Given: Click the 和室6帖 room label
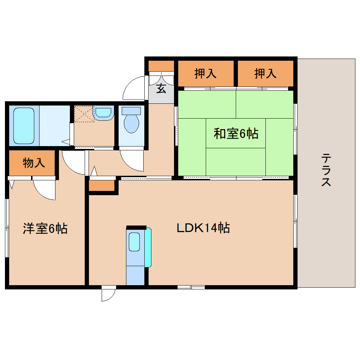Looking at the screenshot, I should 236,134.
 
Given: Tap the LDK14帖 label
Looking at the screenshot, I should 203,228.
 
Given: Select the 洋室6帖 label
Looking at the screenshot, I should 45,229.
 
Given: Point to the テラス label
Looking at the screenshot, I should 326,170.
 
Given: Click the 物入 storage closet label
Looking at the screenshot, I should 34,163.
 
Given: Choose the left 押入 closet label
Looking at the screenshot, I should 205,74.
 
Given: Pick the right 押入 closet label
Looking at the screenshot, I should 265,74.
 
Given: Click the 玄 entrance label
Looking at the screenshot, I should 161,89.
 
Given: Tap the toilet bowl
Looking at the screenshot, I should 131,122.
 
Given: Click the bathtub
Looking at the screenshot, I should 24,125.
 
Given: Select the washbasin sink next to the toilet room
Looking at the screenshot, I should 103,113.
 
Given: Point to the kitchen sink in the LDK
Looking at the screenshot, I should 134,242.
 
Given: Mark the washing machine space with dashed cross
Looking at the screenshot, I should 84,114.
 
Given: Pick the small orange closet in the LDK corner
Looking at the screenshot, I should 102,186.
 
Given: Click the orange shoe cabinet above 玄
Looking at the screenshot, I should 161,66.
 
